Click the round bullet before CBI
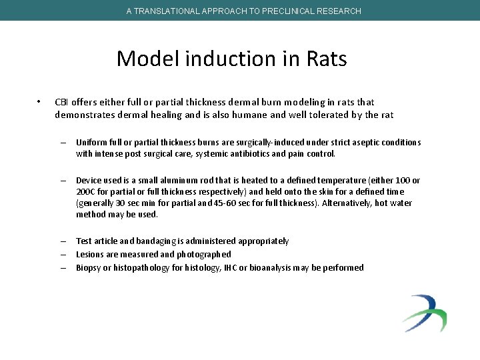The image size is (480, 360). pyautogui.click(x=40, y=102)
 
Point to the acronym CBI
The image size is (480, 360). pyautogui.click(x=61, y=102)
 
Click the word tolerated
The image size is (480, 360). pyautogui.click(x=340, y=115)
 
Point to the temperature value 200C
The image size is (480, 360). pyautogui.click(x=87, y=191)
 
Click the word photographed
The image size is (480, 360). pyautogui.click(x=204, y=254)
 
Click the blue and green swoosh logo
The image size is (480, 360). pyautogui.click(x=425, y=313)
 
